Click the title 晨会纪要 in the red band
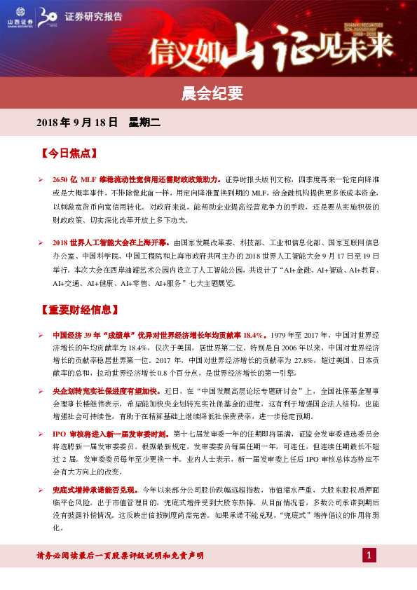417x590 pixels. [208, 92]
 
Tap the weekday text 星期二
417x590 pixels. [144, 123]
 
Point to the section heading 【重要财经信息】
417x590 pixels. [81, 309]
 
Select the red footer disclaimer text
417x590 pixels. [120, 556]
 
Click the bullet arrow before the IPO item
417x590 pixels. [41, 434]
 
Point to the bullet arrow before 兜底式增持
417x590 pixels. [41, 488]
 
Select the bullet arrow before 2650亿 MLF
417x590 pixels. [41, 179]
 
